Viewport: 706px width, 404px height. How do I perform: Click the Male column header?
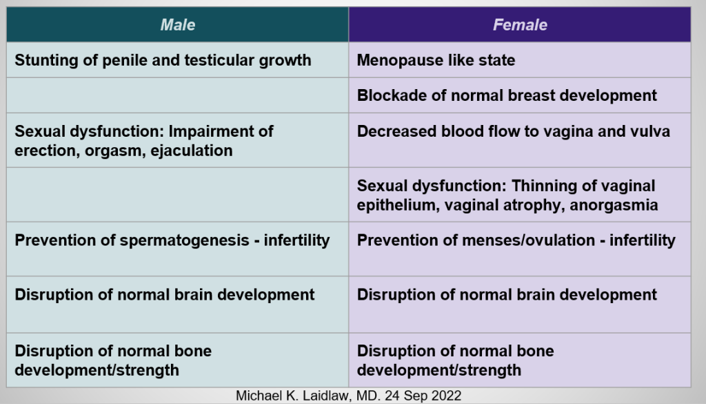pos(178,25)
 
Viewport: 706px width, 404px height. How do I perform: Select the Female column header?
pos(520,25)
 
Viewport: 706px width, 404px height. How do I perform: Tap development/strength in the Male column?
pos(97,371)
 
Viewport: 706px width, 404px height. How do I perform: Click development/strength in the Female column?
pos(439,371)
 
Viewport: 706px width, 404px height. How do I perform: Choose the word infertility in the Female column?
pos(643,240)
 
